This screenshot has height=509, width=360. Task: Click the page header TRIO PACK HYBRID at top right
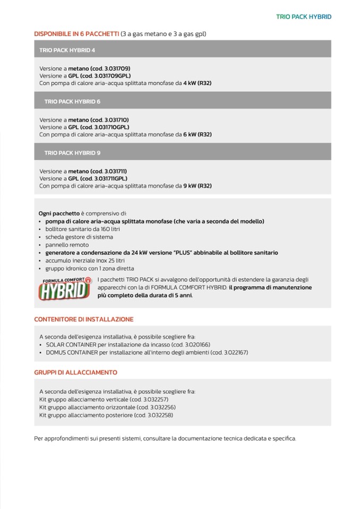coord(303,17)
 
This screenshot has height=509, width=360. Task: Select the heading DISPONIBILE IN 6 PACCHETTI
coord(76,34)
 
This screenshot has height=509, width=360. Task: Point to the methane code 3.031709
coord(110,68)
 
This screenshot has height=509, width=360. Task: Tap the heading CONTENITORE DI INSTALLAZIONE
coord(83,320)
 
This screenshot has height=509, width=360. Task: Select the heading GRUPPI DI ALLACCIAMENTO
coord(75,373)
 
